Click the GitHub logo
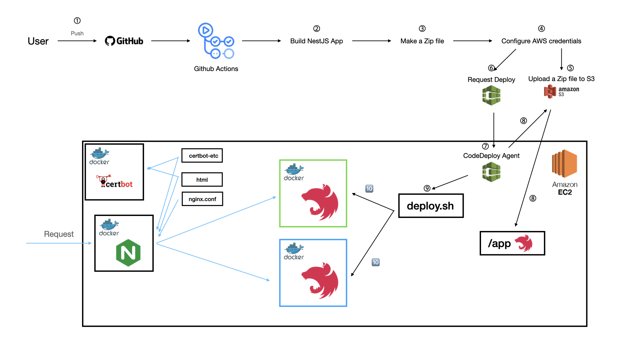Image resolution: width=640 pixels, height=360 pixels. tap(124, 41)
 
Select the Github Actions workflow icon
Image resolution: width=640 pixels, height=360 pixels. tap(216, 41)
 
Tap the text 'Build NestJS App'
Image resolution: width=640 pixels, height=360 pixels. tap(316, 41)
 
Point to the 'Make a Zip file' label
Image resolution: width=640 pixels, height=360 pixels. tap(422, 41)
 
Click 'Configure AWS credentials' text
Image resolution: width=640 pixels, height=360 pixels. tap(541, 41)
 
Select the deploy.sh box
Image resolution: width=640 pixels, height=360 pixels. tap(431, 206)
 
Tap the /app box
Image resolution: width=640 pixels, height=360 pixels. tap(512, 243)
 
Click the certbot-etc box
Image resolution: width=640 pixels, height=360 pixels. tap(202, 156)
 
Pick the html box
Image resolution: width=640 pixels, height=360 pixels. tap(202, 180)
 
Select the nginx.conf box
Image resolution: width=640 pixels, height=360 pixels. tap(202, 199)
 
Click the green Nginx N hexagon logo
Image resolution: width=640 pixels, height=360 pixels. tap(128, 253)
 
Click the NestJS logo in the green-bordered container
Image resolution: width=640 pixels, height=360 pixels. tap(320, 202)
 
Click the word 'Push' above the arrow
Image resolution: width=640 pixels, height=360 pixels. tap(77, 33)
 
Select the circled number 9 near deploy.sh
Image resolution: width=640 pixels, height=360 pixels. tap(427, 188)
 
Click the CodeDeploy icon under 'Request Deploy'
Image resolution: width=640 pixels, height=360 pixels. tap(491, 95)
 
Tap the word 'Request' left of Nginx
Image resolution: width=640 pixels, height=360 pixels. tap(59, 234)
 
